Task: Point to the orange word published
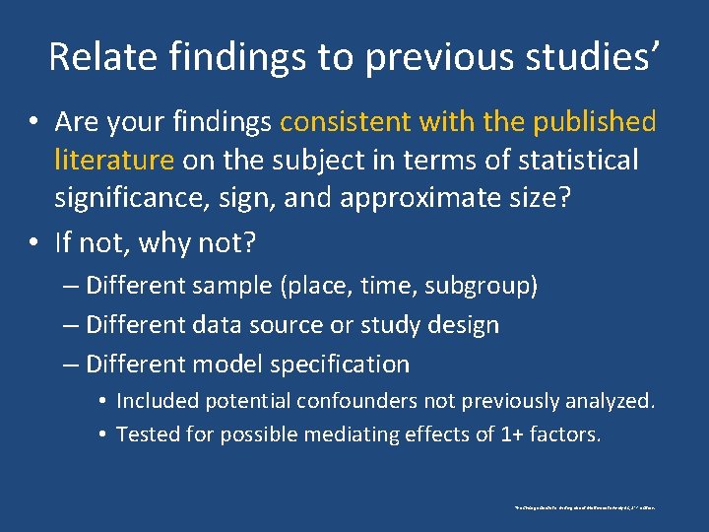point(595,122)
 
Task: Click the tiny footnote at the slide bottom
point(585,507)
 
